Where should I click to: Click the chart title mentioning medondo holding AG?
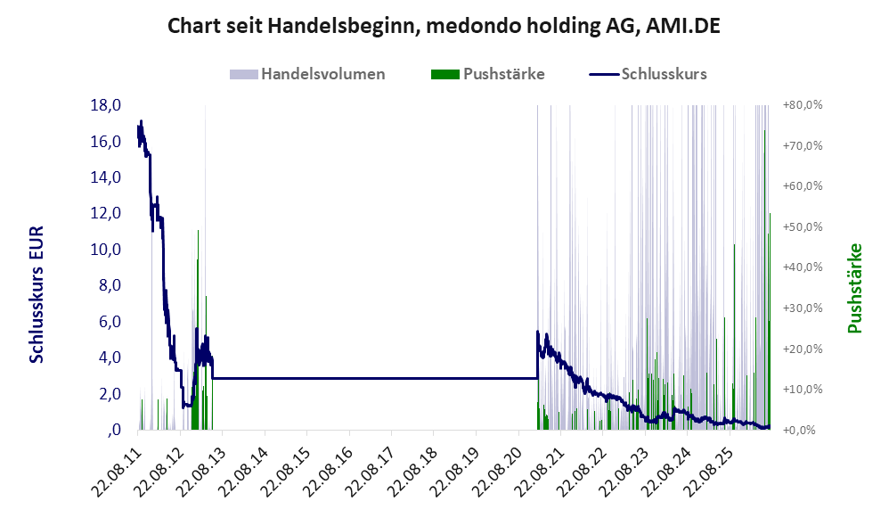(x=444, y=26)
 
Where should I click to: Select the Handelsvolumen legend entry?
(x=307, y=74)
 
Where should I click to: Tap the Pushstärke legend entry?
(x=487, y=74)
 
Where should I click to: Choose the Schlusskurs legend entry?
(x=648, y=74)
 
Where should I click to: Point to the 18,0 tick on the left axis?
(x=106, y=105)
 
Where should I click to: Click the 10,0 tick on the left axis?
(x=106, y=249)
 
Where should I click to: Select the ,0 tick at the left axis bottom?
(x=113, y=430)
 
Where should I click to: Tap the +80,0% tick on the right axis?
(x=803, y=105)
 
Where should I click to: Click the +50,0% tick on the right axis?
(x=803, y=227)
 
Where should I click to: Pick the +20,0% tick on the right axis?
(x=803, y=349)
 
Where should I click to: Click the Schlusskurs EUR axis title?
(x=37, y=294)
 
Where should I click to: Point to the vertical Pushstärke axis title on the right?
(x=854, y=288)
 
